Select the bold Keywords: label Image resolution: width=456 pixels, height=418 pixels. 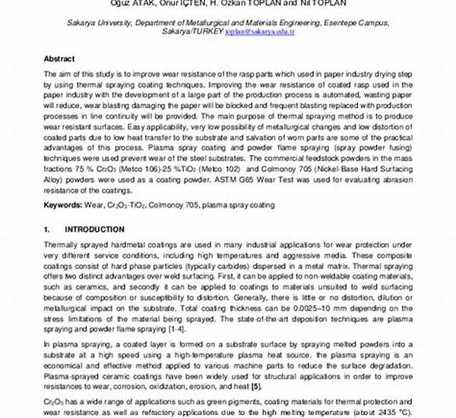point(65,205)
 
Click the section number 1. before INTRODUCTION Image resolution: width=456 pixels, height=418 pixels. point(47,229)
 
